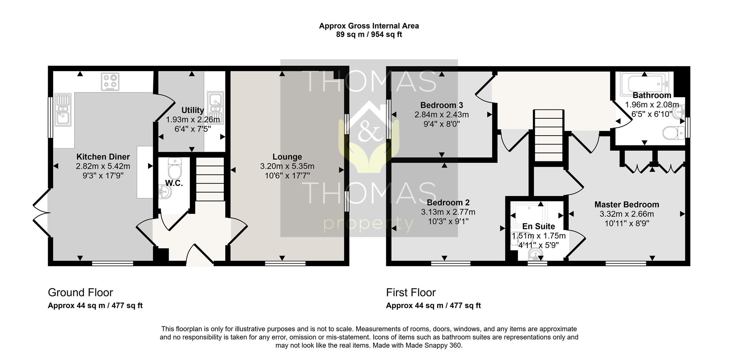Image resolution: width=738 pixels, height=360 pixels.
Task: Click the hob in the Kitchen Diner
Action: pos(110,82)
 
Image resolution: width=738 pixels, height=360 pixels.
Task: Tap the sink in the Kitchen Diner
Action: pos(63,110)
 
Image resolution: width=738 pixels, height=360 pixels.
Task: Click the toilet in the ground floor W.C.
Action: pos(175,167)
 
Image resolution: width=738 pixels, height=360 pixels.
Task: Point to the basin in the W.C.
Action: pos(165,191)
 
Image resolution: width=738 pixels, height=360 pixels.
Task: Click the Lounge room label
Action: pos(287,157)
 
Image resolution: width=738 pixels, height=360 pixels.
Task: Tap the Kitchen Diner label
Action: pos(103,157)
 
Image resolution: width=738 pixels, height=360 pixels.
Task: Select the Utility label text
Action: pos(193,110)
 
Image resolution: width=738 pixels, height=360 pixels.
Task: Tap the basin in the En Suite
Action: pos(536,254)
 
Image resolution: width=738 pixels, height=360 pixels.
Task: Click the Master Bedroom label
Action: pos(627,205)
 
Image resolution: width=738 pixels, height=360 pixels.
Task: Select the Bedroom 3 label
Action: pos(442,105)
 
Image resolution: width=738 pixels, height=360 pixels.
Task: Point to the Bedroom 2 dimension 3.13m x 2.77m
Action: pos(448,212)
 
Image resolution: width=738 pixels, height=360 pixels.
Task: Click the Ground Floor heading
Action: pos(80,293)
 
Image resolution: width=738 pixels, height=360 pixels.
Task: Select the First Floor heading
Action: pos(411,293)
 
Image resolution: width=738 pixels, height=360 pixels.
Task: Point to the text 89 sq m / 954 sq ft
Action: pos(369,35)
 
